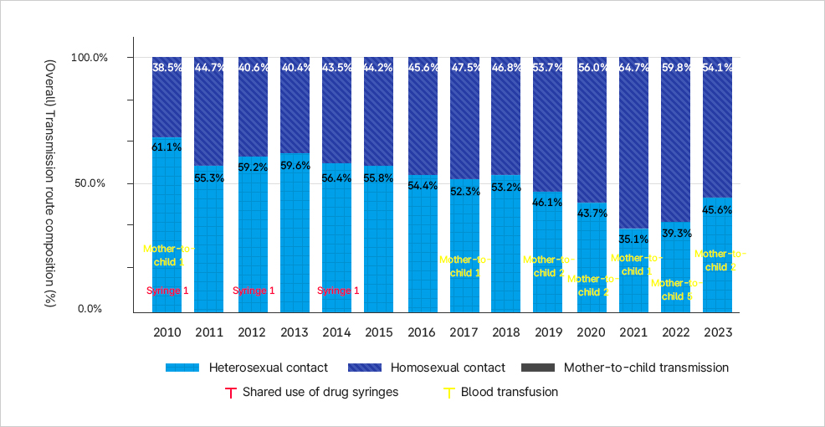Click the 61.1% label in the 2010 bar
167,147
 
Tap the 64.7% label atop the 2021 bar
634,68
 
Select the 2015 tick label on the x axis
379,332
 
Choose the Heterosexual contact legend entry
246,368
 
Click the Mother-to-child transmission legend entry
624,368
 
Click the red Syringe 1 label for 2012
253,291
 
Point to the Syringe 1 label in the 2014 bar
337,291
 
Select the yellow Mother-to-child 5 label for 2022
676,290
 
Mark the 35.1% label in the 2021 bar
634,239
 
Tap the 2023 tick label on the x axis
718,332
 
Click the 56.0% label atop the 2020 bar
592,68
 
